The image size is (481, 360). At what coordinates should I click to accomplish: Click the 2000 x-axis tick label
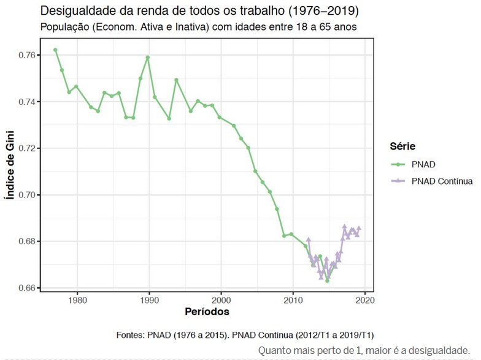(221, 301)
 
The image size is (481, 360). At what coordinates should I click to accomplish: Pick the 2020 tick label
(365, 301)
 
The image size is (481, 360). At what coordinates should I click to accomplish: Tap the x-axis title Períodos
(207, 312)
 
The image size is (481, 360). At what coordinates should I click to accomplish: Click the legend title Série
(402, 147)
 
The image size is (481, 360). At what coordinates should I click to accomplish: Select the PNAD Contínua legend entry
(442, 181)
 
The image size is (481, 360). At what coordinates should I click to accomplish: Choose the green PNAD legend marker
(399, 164)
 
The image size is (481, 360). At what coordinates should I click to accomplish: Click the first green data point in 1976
(55, 50)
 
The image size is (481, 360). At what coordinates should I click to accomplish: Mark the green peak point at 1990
(148, 58)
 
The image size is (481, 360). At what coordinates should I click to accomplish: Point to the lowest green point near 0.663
(328, 280)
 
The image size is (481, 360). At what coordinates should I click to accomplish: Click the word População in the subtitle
(64, 27)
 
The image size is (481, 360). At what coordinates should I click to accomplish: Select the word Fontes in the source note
(131, 335)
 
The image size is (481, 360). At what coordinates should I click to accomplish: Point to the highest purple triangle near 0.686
(345, 226)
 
